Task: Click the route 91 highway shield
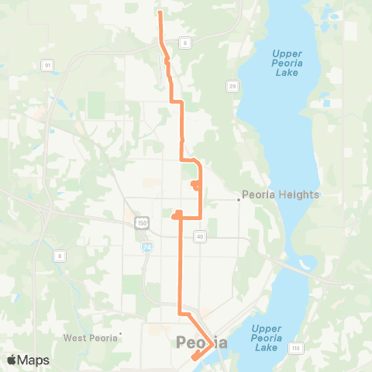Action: (x=47, y=66)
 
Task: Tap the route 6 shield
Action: (x=185, y=42)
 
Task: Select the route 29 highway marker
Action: (x=232, y=84)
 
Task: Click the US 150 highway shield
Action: (x=142, y=222)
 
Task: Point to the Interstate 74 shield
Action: (x=147, y=246)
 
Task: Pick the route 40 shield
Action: (x=200, y=236)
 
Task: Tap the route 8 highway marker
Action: (x=58, y=255)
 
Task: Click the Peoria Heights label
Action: (x=281, y=195)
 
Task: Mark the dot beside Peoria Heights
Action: (x=239, y=199)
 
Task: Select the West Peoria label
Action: (x=90, y=337)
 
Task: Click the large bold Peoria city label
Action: (x=202, y=342)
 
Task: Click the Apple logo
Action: (x=12, y=360)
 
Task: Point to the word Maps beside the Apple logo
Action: (x=34, y=360)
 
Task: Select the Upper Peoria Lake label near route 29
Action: (x=291, y=63)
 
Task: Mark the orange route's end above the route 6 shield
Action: (x=160, y=13)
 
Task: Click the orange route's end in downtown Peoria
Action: (x=194, y=357)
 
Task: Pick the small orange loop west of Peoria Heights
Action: (x=196, y=184)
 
